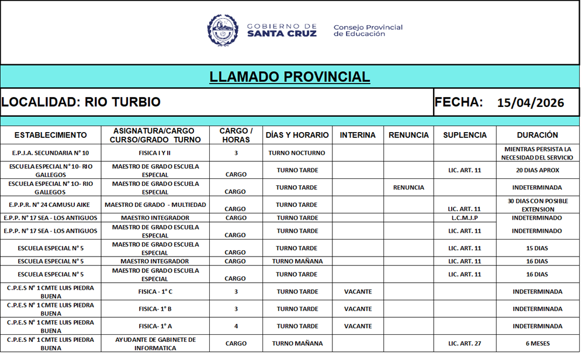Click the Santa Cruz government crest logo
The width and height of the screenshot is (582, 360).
pos(223,30)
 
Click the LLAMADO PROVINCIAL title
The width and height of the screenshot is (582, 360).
pos(290,77)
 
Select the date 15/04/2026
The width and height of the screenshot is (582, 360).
pos(531,103)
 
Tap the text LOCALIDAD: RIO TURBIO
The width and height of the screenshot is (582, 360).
pos(81,102)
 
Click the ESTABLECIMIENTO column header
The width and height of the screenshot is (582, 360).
pos(50,135)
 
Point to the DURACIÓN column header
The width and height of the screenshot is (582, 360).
pos(538,135)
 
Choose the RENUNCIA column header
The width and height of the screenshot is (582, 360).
pos(408,135)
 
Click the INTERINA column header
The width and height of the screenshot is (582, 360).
pos(358,135)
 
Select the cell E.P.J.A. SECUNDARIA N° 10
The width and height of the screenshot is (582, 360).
pos(50,153)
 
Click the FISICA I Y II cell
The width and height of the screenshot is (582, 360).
pos(155,153)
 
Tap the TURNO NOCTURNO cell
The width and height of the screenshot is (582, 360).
pos(297,153)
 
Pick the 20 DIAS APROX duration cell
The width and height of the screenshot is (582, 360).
pos(538,171)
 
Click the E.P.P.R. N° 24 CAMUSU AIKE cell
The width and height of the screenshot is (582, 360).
pos(50,205)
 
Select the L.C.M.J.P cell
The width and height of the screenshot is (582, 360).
pos(465,218)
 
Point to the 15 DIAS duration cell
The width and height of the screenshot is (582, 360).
pos(538,248)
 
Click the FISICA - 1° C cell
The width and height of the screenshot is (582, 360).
pos(155,292)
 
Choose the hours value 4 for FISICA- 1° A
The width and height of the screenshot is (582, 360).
pos(236,326)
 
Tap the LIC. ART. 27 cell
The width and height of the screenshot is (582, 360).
pos(465,344)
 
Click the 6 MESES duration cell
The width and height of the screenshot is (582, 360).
pos(538,344)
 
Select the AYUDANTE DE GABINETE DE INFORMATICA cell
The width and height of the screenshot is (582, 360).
pos(155,344)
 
